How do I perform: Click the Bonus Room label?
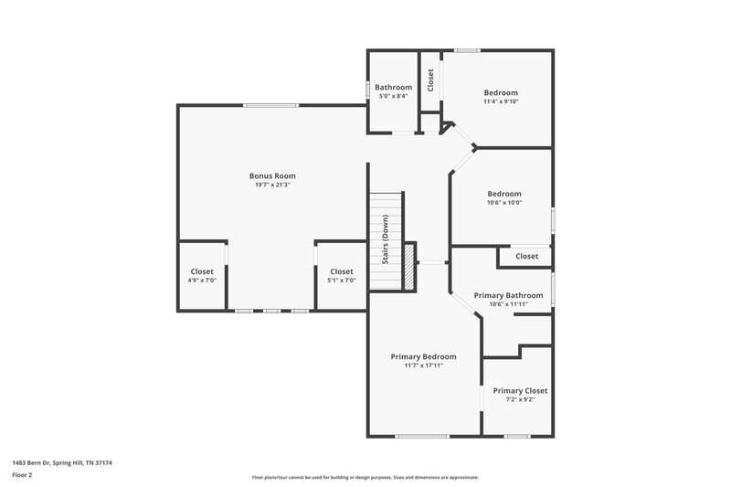click(272, 175)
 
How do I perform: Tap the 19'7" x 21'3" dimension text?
click(272, 185)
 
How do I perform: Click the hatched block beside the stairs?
click(409, 267)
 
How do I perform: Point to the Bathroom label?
click(393, 87)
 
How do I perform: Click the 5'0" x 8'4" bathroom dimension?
click(393, 96)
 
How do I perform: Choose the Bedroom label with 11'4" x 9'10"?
click(501, 92)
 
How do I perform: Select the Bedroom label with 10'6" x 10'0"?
click(503, 194)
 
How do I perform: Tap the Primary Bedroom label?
click(423, 356)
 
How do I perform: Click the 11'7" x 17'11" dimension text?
click(423, 365)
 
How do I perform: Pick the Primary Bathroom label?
click(508, 295)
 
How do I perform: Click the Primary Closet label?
click(519, 390)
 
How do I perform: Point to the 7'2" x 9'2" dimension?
click(519, 400)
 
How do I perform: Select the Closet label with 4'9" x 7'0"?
click(202, 271)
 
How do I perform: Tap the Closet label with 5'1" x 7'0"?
click(341, 271)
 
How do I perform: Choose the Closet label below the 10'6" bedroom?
click(526, 257)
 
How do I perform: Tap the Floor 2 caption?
click(23, 475)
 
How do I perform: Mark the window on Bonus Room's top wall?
click(270, 106)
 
